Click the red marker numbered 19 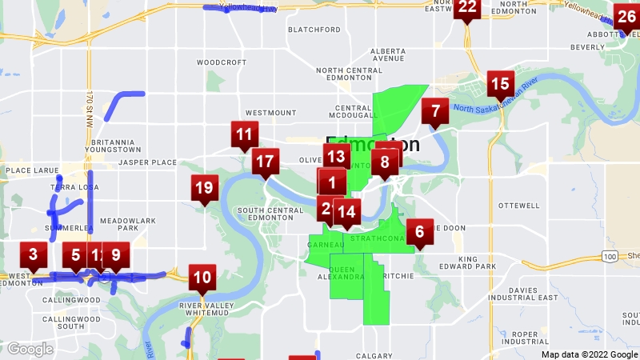pos(204,189)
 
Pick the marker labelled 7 pos(435,111)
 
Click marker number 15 pos(500,84)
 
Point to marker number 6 pos(419,234)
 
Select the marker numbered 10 pos(202,278)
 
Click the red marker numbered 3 pos(33,256)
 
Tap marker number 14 pos(346,212)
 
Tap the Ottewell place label pos(519,206)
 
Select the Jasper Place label pos(147,162)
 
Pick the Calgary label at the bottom pos(374,355)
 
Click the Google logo pos(30,349)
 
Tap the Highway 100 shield pos(610,256)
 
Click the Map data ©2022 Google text pos(589,354)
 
